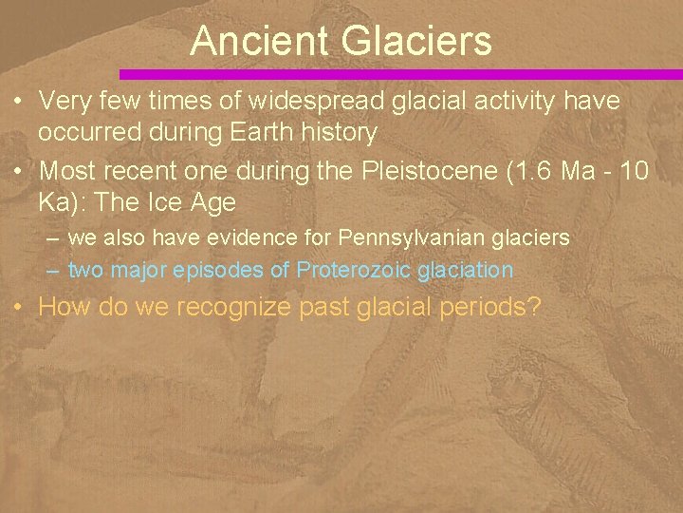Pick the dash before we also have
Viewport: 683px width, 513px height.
pyautogui.click(x=54, y=236)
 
